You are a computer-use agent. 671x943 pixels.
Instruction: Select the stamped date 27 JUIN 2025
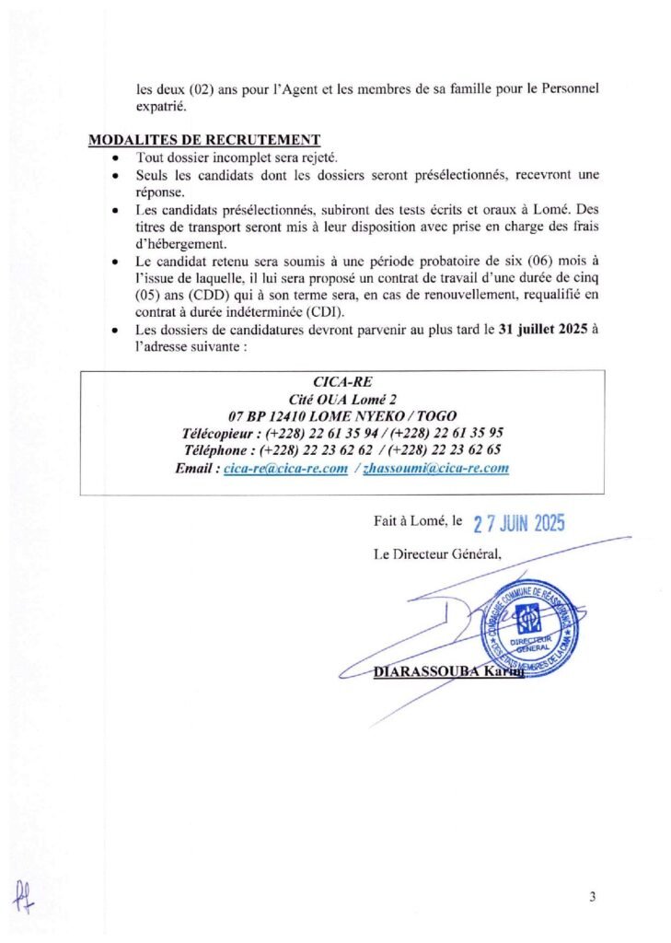click(519, 523)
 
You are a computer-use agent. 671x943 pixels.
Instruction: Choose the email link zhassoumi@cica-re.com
click(435, 468)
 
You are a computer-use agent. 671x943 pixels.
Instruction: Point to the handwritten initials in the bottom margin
click(21, 893)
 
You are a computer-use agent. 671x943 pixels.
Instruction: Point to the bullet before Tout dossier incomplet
click(114, 158)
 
